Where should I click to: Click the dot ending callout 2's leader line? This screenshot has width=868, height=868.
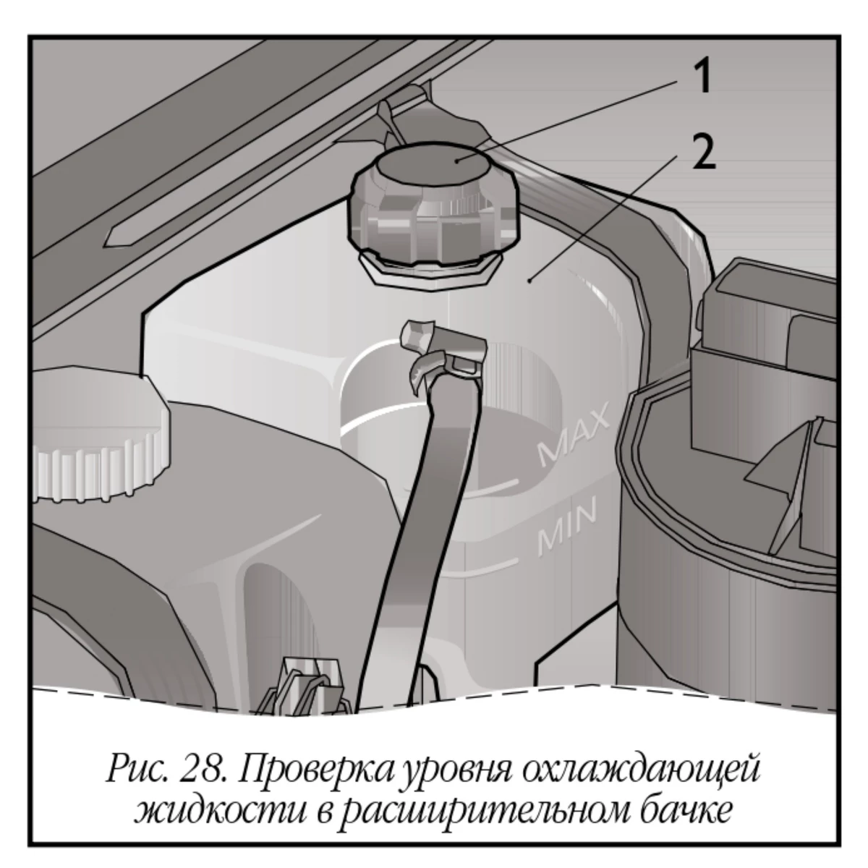pos(530,281)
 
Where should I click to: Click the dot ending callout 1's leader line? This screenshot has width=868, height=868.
pos(456,161)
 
